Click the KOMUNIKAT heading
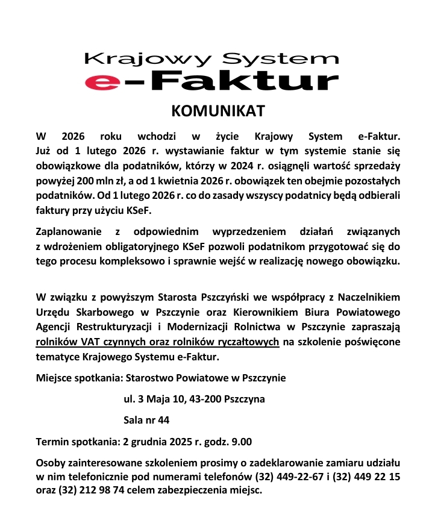[219, 111]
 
